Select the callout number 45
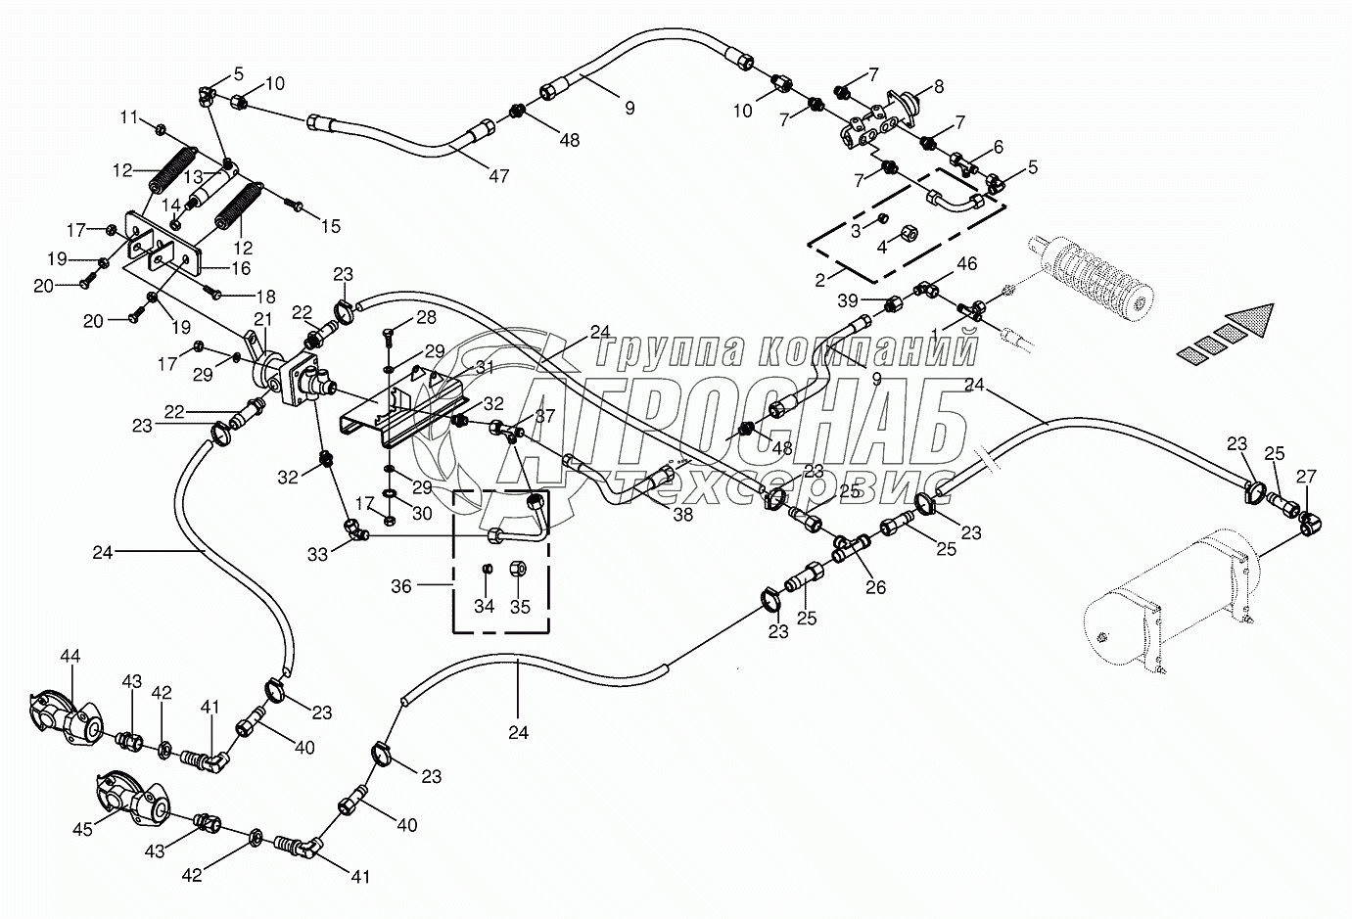click(83, 829)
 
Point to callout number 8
click(938, 86)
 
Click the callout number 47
click(499, 176)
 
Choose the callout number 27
click(1306, 477)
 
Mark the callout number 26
click(875, 587)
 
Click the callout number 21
click(262, 319)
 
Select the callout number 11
click(130, 117)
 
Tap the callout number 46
click(966, 263)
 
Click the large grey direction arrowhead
click(1250, 322)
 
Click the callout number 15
click(330, 226)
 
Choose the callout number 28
click(426, 317)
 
